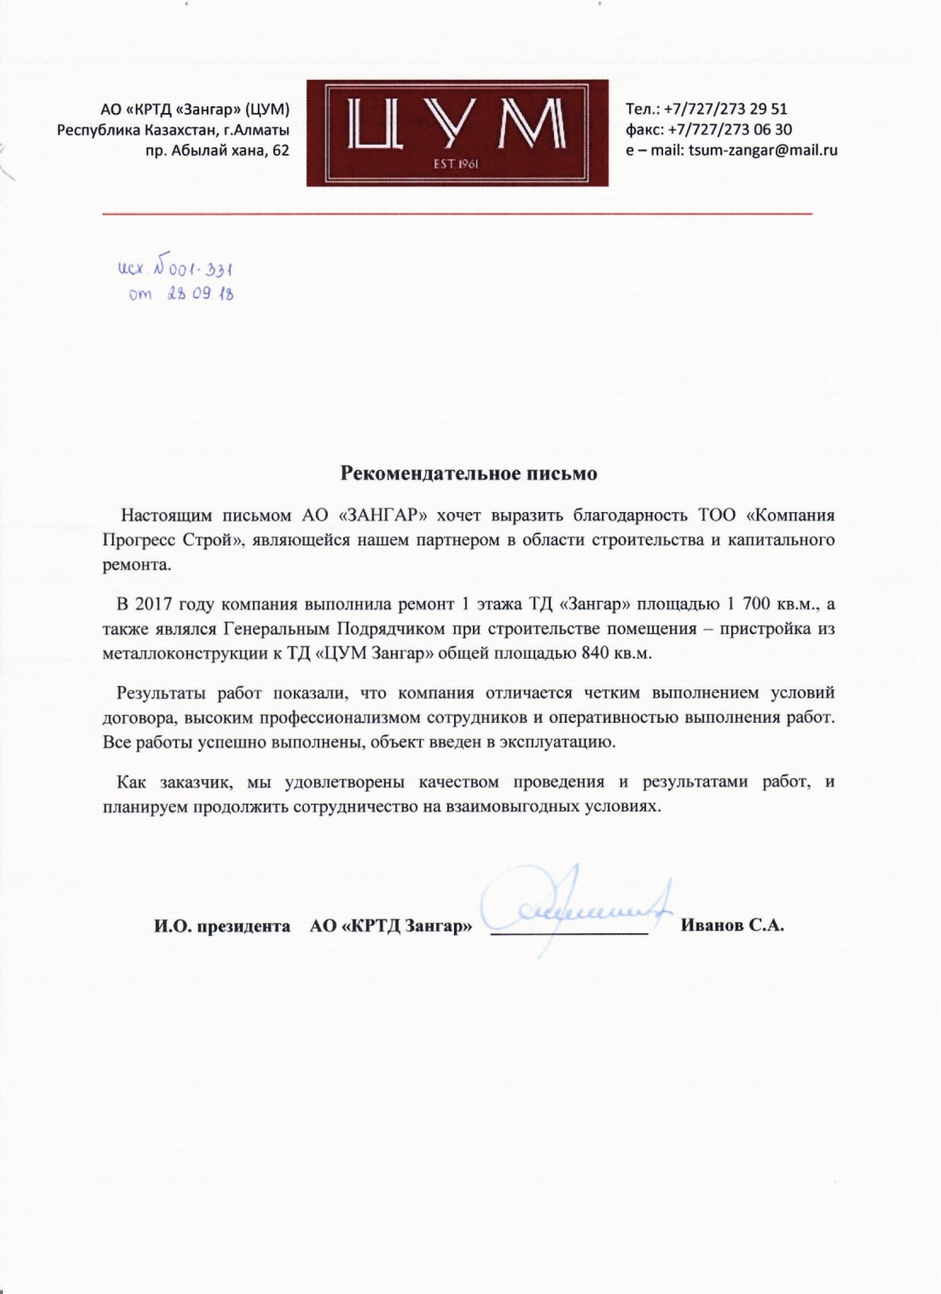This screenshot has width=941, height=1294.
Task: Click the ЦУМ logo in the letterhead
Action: pos(457,132)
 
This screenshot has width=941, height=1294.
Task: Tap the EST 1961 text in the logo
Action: pos(457,165)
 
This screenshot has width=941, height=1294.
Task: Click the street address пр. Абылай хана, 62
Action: pos(218,151)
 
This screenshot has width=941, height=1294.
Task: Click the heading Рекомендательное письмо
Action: pos(468,473)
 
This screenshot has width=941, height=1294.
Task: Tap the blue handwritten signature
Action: pos(571,909)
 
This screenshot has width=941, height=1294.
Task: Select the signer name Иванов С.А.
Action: pos(732,925)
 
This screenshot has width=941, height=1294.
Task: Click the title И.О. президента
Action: pos(222,926)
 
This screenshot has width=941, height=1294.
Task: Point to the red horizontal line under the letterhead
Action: pos(457,214)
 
